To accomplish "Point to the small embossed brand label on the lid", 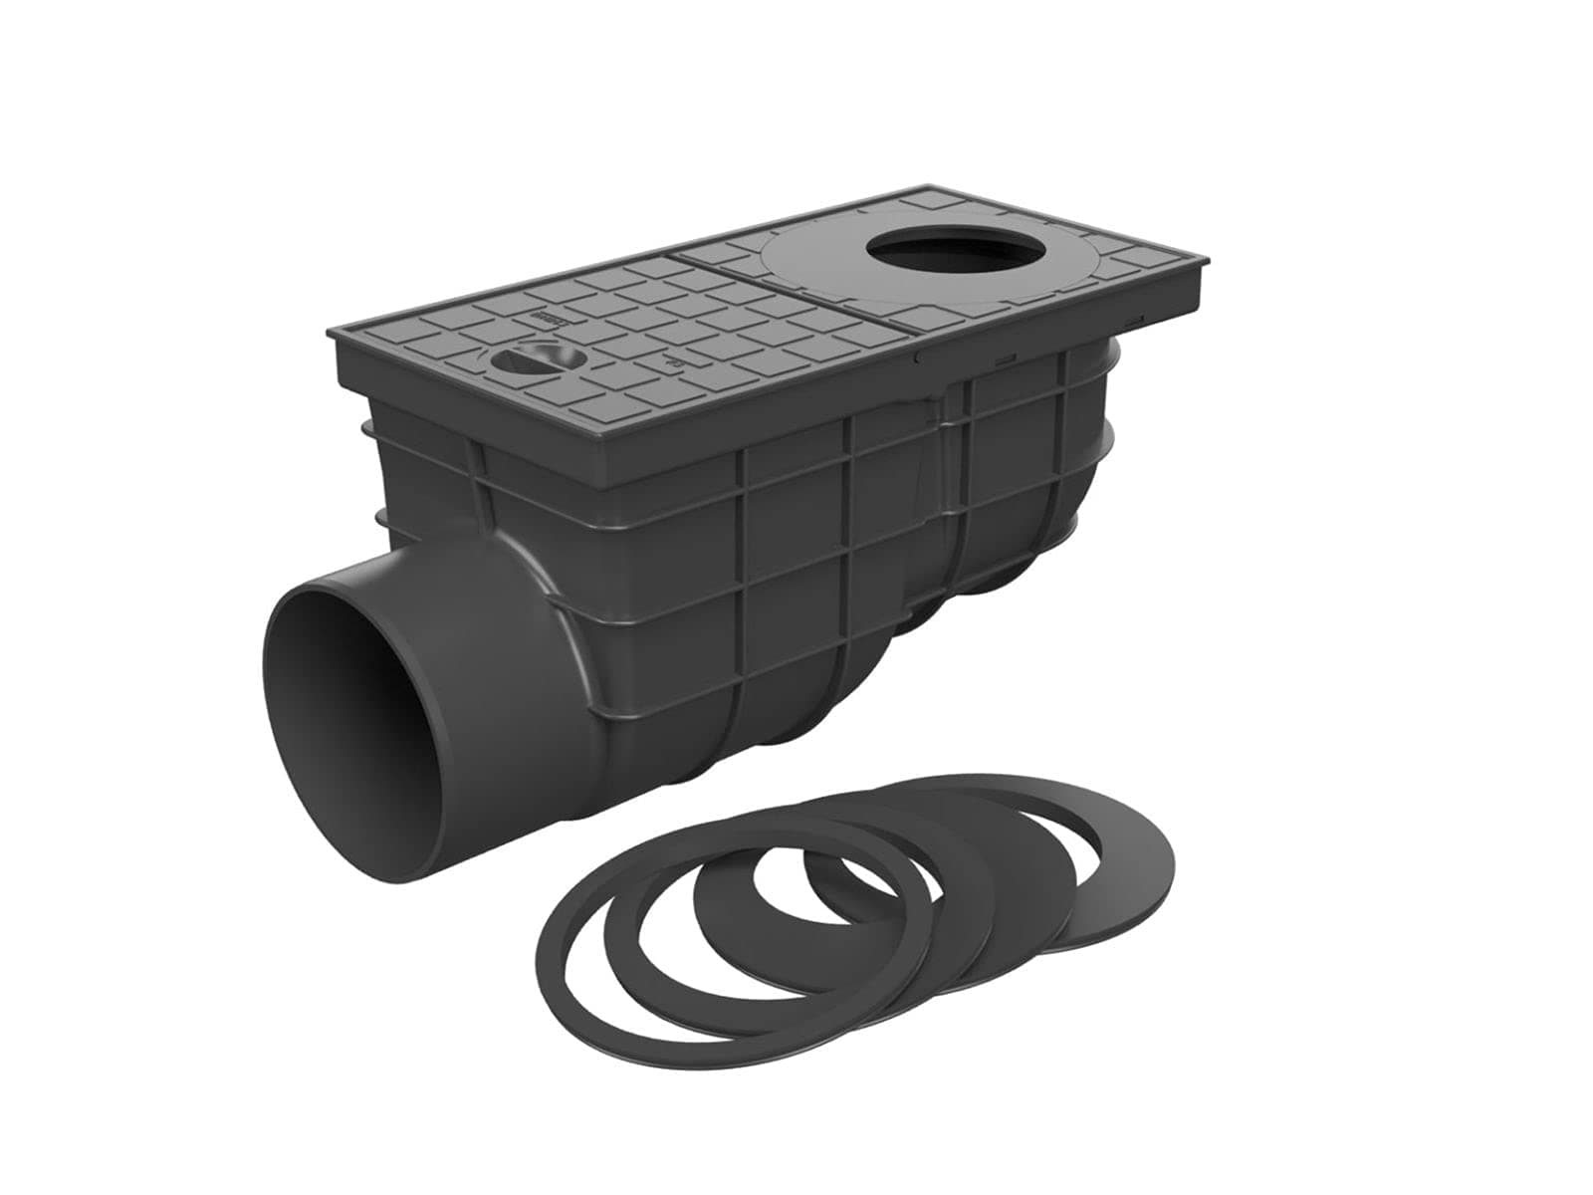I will (x=551, y=319).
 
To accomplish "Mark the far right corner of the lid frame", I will (x=1209, y=261).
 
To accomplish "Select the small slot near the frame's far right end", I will (x=1135, y=318).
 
